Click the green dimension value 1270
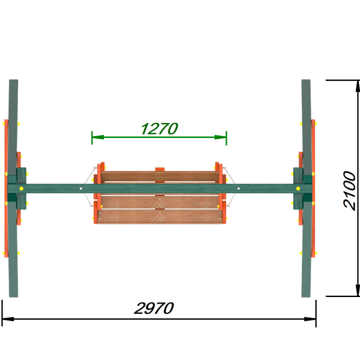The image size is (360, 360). [160, 128]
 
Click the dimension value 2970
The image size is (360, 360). [154, 308]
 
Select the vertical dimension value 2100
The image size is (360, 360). [349, 190]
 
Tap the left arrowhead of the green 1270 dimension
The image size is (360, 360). [98, 137]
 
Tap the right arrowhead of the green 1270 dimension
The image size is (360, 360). [220, 137]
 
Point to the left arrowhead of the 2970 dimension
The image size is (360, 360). [8, 319]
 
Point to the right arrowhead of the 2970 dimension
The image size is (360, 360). [310, 319]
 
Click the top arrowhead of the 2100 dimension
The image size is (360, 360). [358, 86]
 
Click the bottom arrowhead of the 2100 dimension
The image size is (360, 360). [358, 290]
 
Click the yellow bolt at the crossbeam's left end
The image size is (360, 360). [22, 188]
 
